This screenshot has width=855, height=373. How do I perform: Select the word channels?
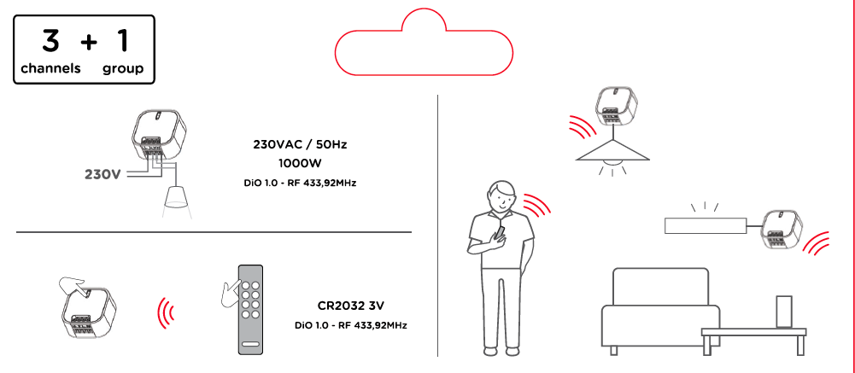(x=51, y=68)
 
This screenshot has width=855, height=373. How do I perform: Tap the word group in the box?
(x=123, y=68)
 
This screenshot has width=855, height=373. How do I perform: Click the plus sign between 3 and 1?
(x=89, y=40)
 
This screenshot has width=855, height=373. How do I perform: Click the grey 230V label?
(x=102, y=174)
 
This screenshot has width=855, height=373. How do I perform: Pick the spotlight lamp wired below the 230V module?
(x=175, y=198)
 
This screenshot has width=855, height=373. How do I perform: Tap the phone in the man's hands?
(x=501, y=232)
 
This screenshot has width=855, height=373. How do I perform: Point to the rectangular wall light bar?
(x=705, y=225)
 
